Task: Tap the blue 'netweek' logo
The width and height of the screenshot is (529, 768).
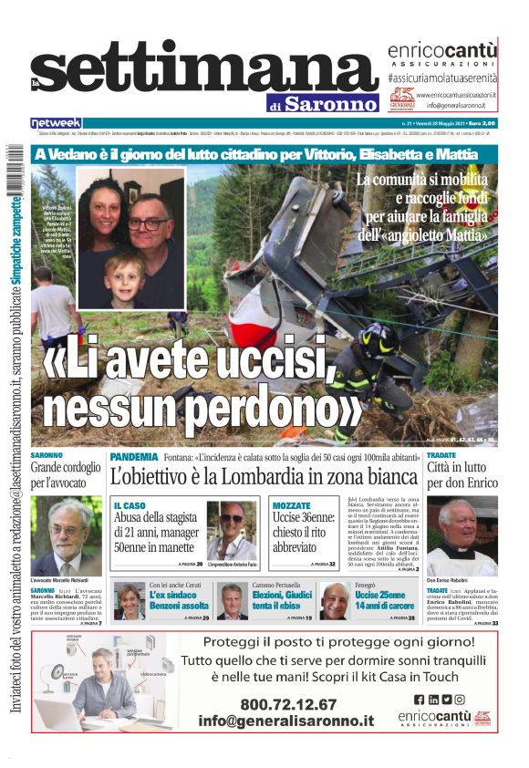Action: click(x=56, y=122)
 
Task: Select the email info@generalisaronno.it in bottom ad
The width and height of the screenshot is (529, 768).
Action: click(x=285, y=721)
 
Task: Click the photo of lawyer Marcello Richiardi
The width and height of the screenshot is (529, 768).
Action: click(x=66, y=536)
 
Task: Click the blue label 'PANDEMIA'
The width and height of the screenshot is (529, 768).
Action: click(x=134, y=456)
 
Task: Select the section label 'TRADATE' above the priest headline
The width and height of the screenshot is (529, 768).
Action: click(x=441, y=454)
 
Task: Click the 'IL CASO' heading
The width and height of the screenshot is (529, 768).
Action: click(x=130, y=505)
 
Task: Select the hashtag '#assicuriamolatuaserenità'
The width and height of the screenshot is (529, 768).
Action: click(x=441, y=79)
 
